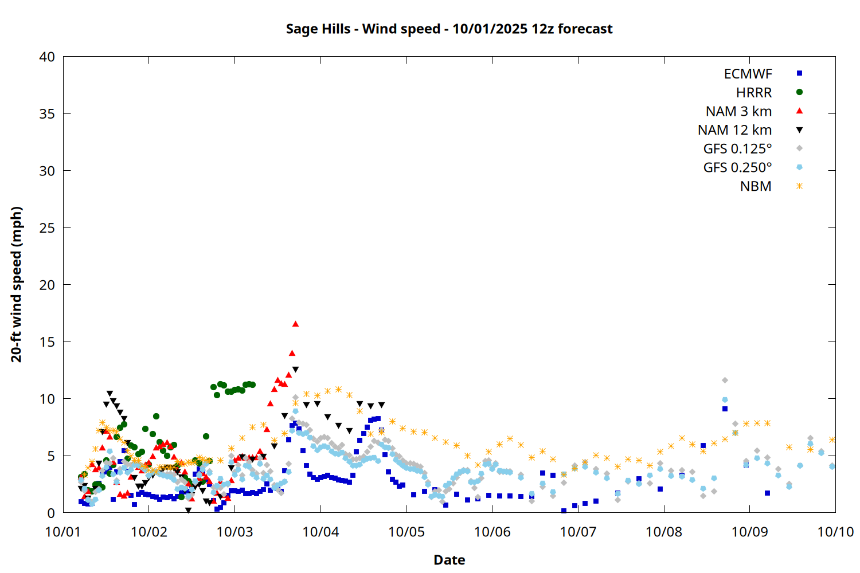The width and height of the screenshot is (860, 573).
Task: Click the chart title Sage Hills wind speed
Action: pos(449,29)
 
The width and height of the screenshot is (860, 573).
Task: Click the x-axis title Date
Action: pos(449,560)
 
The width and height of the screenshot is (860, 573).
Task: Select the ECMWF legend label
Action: pos(748,74)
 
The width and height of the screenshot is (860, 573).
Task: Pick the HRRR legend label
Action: pos(754,93)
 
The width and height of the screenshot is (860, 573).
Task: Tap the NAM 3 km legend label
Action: pos(738,111)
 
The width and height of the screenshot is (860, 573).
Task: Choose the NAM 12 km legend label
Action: pos(734,130)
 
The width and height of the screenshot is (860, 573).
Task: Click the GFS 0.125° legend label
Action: pos(737,149)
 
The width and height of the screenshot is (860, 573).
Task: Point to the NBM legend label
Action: pos(756,186)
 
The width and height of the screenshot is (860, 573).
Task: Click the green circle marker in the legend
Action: pos(799,92)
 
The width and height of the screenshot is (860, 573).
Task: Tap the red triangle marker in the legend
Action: pos(799,111)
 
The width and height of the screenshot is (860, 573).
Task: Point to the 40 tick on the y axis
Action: pos(47,57)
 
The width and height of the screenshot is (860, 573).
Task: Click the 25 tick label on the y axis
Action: pos(47,228)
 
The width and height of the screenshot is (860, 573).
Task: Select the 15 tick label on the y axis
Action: pos(47,342)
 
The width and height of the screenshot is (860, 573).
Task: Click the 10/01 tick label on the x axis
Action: pos(63,532)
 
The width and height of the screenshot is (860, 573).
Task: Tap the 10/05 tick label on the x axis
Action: pos(406,532)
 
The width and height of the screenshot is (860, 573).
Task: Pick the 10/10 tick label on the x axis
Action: pos(835,532)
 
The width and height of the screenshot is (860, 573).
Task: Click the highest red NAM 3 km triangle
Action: pos(295,324)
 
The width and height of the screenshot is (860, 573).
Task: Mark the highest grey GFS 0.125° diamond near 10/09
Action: pos(725,380)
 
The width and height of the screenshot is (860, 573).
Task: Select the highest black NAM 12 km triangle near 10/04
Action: pos(295,370)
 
